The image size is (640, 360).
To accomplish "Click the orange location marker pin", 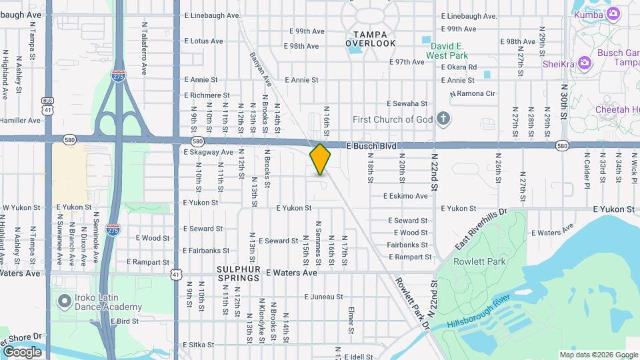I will pos(320,159).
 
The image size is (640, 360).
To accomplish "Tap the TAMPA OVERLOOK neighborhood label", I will pos(371,39).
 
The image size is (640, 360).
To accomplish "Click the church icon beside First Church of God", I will pos(443,120).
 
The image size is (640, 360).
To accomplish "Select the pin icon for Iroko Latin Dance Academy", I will pos(65,301).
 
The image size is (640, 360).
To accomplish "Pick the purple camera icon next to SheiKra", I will pos(585,63).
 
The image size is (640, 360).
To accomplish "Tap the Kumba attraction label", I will pos(588,13).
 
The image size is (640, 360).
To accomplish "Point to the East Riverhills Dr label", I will pos(481,230).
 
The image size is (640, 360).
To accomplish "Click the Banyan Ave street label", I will pos(261,69).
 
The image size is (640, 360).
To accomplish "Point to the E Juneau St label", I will pos(323,297).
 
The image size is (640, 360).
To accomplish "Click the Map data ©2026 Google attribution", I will pos(598,355).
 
